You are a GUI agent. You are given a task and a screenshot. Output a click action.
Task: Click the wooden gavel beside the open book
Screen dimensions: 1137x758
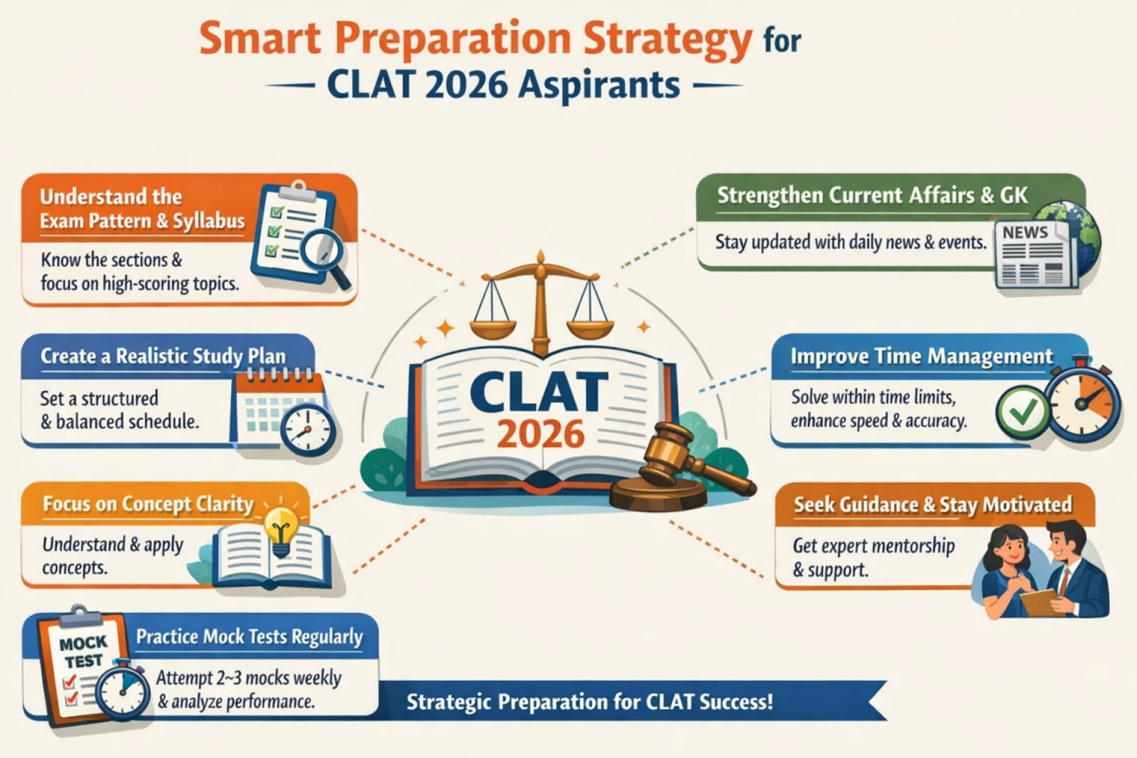tap(681, 468)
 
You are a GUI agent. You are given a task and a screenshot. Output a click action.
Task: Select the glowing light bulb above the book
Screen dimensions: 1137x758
tap(281, 529)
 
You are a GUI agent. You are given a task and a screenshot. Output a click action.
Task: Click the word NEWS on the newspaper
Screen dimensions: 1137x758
tap(1025, 233)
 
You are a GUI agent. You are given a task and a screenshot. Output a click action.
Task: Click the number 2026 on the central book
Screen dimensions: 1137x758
tap(540, 434)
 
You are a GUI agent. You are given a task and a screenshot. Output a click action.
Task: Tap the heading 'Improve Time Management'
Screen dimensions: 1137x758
tap(921, 356)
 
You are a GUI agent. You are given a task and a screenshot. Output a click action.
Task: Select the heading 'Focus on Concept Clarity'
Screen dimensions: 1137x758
tap(148, 505)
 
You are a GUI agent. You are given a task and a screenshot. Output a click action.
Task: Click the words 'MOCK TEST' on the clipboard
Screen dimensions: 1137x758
tap(83, 651)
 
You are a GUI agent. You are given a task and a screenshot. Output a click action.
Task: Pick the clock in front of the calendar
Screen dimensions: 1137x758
tap(307, 429)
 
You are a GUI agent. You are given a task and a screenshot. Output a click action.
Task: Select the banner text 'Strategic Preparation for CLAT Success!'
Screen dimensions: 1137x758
tap(590, 702)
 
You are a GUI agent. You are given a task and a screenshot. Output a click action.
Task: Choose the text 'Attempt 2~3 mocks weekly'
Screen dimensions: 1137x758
tap(249, 678)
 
